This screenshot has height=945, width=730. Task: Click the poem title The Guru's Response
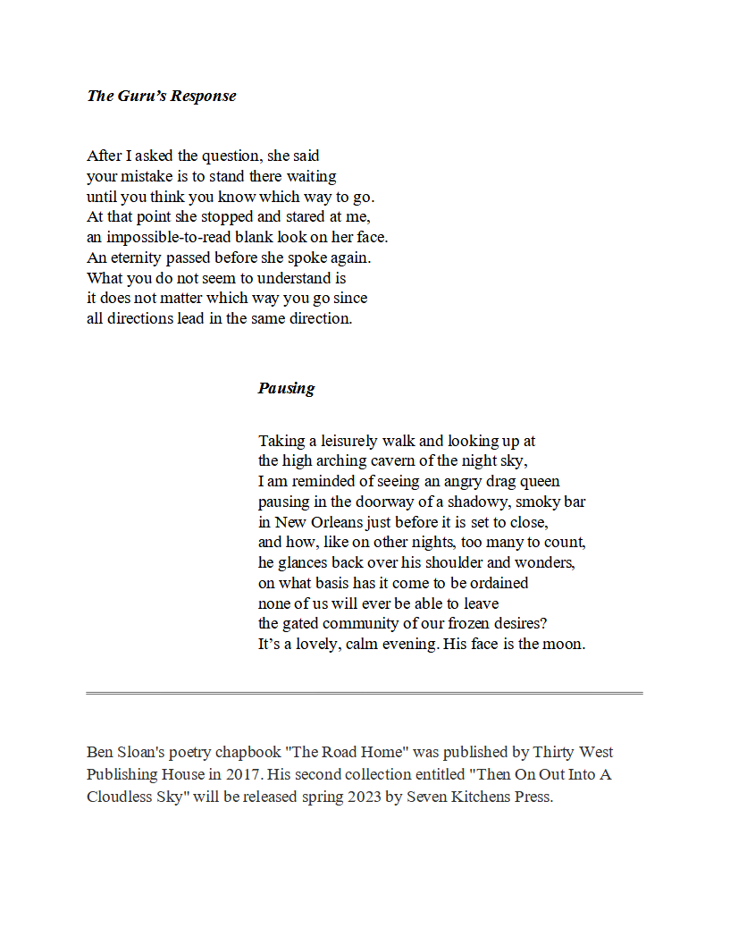(x=162, y=96)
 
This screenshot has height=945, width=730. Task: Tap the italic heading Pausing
(x=286, y=388)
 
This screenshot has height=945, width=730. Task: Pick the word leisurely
(x=344, y=441)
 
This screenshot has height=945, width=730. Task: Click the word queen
(x=537, y=482)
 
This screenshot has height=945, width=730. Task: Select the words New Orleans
(x=315, y=522)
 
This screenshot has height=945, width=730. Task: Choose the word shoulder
(x=484, y=563)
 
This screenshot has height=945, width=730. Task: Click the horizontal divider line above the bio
(x=365, y=693)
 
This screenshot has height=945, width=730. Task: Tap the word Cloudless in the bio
(x=121, y=797)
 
